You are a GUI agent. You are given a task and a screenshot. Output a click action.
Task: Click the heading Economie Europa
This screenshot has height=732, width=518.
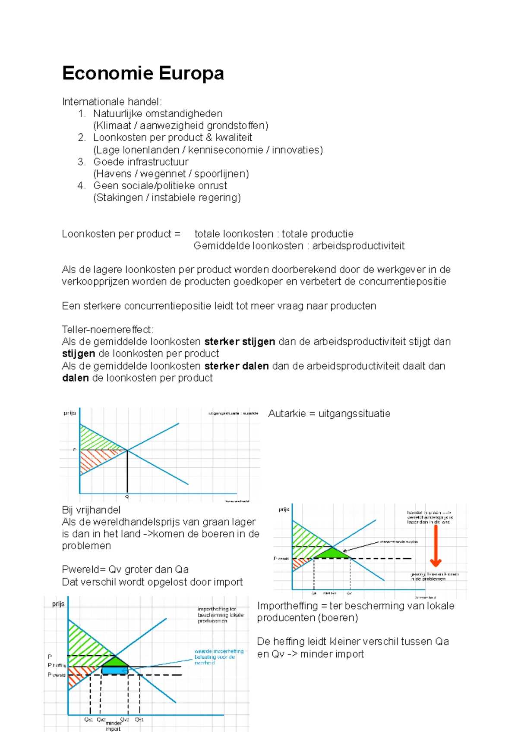point(143,73)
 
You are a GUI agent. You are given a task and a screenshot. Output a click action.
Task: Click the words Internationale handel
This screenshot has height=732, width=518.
point(111,102)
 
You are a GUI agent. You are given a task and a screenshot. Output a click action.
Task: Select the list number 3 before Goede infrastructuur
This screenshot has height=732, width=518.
point(82,162)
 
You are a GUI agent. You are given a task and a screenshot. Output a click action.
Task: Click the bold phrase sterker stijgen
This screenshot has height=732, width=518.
point(240,342)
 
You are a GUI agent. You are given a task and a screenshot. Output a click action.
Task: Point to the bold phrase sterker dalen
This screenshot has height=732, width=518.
point(237,366)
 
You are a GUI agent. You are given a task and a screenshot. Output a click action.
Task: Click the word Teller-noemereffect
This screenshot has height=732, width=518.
point(107,330)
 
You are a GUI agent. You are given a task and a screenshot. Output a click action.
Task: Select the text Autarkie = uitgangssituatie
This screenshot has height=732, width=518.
point(329,414)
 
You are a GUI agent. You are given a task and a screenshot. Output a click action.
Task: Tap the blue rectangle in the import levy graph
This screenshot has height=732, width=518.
point(114,670)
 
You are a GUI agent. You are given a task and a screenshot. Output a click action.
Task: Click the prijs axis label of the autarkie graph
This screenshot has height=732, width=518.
point(69,413)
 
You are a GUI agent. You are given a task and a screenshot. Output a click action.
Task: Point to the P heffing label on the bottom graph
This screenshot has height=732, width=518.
point(57,665)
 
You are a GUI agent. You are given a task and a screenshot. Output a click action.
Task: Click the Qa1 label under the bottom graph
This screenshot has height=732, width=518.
point(88,719)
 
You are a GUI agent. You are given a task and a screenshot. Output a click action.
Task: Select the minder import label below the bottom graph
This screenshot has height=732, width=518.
point(113,726)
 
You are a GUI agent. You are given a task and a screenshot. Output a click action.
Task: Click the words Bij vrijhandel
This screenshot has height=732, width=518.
point(91,510)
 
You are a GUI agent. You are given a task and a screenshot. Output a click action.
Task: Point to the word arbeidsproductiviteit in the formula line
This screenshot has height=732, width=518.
point(358,246)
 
